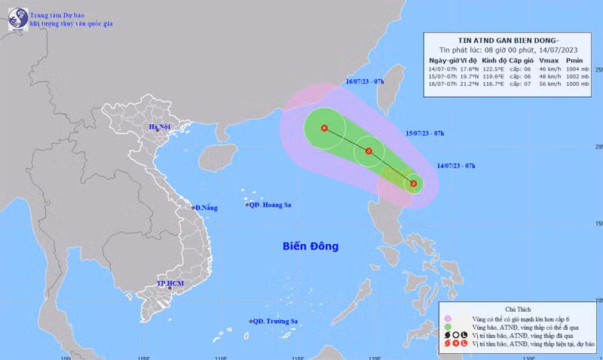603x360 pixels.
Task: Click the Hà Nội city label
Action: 159,127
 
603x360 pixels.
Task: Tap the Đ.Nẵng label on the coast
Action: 206,207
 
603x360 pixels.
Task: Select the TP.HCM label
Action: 170,283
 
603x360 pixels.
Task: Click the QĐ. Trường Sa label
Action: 274,322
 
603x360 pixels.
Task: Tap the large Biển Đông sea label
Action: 311,246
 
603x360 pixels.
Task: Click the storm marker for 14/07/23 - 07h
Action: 413,183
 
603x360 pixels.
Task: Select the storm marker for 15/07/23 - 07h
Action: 369,151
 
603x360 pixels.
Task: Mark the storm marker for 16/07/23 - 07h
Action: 324,128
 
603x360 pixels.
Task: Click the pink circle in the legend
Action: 448,319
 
